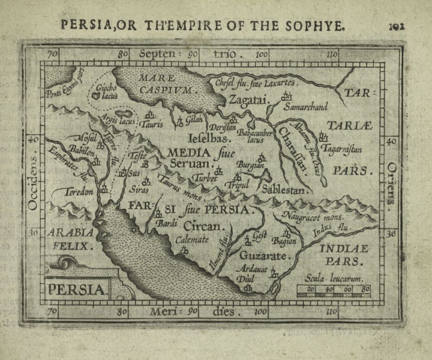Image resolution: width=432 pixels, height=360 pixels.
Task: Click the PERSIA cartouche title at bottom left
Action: pos(76,289)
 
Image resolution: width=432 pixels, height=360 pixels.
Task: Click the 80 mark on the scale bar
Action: pos(365,289)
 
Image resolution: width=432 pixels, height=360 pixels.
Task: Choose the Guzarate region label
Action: pos(264,256)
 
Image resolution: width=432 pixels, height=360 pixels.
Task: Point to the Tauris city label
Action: pos(152,124)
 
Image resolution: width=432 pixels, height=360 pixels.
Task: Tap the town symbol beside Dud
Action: pos(248,288)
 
